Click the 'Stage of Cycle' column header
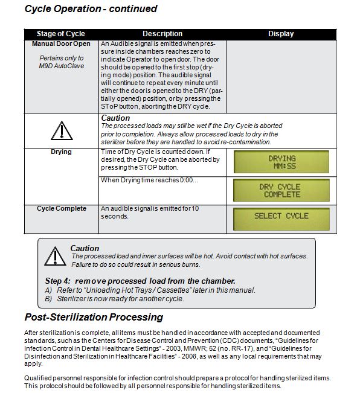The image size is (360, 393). tap(60, 34)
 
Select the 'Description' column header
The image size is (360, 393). tap(162, 34)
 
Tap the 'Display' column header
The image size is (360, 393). tap(281, 34)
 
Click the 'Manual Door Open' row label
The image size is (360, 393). tap(61, 43)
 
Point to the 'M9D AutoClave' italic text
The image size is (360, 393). tap(62, 66)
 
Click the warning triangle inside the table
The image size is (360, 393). tap(62, 130)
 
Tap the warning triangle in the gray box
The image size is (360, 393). tap(55, 256)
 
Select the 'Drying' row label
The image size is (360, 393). tap(61, 152)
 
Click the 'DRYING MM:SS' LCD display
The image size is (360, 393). tap(281, 162)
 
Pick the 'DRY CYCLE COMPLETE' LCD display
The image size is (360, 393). tap(281, 190)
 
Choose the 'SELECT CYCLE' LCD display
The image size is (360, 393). tap(281, 219)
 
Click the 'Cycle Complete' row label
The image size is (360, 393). tap(62, 208)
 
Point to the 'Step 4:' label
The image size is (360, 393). tap(57, 281)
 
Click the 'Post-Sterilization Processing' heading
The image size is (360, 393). tap(94, 317)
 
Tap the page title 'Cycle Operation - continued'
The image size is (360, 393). tap(91, 9)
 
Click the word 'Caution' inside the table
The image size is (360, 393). tap(115, 118)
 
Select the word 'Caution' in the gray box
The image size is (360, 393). tap(85, 248)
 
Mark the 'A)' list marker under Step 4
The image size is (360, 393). tap(48, 290)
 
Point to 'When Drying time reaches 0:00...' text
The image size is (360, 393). tap(149, 180)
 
